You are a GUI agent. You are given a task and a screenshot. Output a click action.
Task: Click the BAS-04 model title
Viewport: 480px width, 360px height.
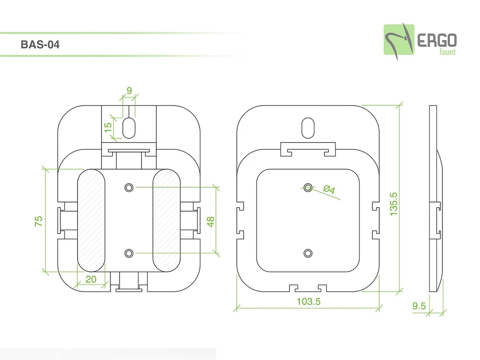pyautogui.click(x=40, y=45)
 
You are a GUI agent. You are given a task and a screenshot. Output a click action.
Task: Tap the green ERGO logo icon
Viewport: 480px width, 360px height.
pyautogui.click(x=398, y=39)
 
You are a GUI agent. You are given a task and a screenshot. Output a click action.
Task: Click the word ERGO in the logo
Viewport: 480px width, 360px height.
pyautogui.click(x=437, y=40)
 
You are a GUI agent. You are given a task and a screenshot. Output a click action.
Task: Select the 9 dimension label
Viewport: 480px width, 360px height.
pyautogui.click(x=129, y=90)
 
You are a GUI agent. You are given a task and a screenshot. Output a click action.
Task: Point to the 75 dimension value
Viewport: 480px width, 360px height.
pyautogui.click(x=39, y=221)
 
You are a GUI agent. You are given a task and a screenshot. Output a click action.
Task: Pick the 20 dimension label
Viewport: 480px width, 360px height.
pyautogui.click(x=91, y=279)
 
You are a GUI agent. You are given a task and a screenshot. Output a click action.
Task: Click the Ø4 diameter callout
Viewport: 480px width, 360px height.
pyautogui.click(x=329, y=190)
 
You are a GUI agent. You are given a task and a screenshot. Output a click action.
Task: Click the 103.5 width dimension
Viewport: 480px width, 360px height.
pyautogui.click(x=308, y=302)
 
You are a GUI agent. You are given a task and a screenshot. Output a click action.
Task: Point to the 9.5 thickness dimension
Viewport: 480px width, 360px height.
pyautogui.click(x=419, y=306)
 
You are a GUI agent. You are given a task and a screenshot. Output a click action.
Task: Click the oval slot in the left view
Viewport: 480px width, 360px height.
pyautogui.click(x=129, y=128)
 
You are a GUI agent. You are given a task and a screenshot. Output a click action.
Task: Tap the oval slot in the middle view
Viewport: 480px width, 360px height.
pyautogui.click(x=308, y=128)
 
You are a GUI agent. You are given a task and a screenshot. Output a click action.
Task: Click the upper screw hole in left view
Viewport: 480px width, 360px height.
pyautogui.click(x=129, y=187)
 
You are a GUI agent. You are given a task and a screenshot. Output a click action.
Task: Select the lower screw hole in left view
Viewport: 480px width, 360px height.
pyautogui.click(x=129, y=253)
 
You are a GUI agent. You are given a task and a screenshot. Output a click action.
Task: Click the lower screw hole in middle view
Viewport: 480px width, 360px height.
pyautogui.click(x=308, y=253)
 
